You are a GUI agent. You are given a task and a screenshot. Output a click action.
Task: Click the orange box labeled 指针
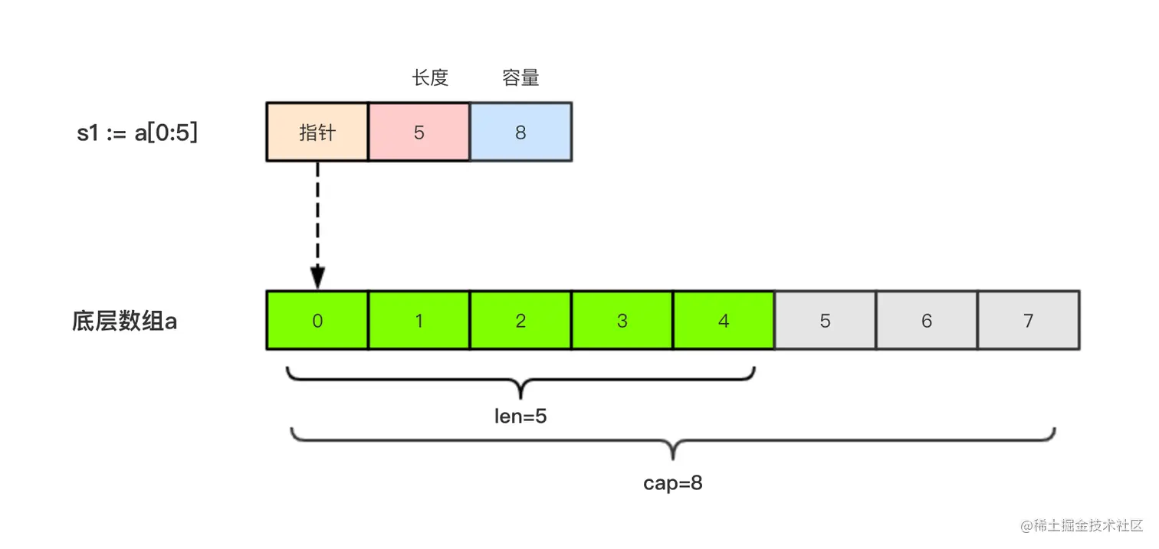(x=317, y=132)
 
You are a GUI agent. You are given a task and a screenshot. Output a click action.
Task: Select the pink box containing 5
(x=419, y=132)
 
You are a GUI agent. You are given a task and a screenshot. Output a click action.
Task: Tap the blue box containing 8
(x=520, y=132)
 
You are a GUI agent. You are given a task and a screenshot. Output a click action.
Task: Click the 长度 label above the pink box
(x=429, y=77)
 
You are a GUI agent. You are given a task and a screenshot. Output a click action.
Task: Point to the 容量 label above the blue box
(x=520, y=77)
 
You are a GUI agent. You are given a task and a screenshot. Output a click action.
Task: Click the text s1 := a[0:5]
(x=137, y=132)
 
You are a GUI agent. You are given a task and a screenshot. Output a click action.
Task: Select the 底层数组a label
(x=124, y=321)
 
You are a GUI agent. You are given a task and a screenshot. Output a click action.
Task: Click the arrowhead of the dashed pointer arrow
(x=317, y=278)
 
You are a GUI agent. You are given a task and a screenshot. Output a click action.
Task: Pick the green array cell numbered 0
(x=317, y=320)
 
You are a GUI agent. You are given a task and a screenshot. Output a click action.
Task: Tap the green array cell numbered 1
(x=419, y=320)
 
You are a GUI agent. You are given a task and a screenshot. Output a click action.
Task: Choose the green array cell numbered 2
(x=520, y=320)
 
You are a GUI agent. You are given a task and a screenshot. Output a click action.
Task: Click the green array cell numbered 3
(x=622, y=320)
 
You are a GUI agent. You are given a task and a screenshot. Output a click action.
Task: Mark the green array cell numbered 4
(x=724, y=320)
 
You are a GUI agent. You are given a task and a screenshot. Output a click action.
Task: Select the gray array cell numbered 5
(x=825, y=320)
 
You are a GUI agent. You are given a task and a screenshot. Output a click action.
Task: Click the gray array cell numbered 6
(x=927, y=320)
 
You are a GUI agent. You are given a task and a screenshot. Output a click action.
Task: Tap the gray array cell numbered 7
(x=1029, y=320)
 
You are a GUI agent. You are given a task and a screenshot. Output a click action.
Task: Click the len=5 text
(x=520, y=417)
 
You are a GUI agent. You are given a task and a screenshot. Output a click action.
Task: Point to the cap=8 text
(x=673, y=483)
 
